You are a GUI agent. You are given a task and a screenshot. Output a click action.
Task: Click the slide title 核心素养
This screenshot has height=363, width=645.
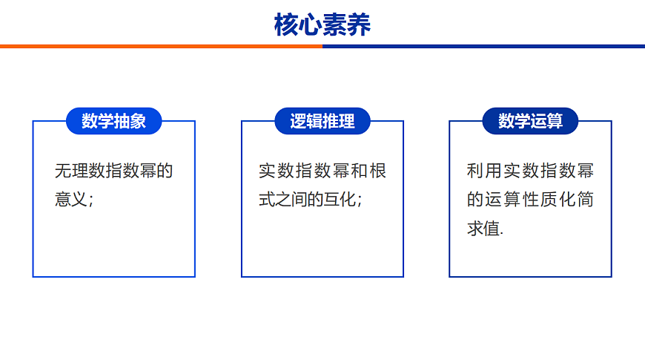(x=322, y=24)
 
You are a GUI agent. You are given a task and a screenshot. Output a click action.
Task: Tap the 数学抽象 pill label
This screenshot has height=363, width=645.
(x=114, y=121)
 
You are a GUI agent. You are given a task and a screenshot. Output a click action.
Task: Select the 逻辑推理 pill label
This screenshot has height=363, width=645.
(x=322, y=121)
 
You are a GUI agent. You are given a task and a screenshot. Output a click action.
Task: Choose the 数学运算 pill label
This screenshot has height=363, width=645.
(x=530, y=121)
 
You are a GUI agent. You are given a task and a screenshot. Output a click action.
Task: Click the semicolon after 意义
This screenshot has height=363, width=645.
(x=91, y=202)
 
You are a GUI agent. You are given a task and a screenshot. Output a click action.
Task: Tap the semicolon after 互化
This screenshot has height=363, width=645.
(x=360, y=202)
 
